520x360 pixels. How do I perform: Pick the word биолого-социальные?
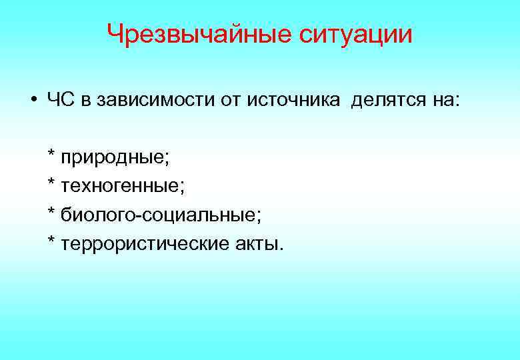(x=161, y=215)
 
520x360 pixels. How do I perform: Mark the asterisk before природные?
(x=51, y=156)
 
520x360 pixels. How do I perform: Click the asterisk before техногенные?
(x=51, y=184)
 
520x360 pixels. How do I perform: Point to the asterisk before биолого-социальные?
(x=51, y=212)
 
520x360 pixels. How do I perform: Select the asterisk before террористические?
(x=51, y=241)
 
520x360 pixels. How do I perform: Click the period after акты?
(x=281, y=248)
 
